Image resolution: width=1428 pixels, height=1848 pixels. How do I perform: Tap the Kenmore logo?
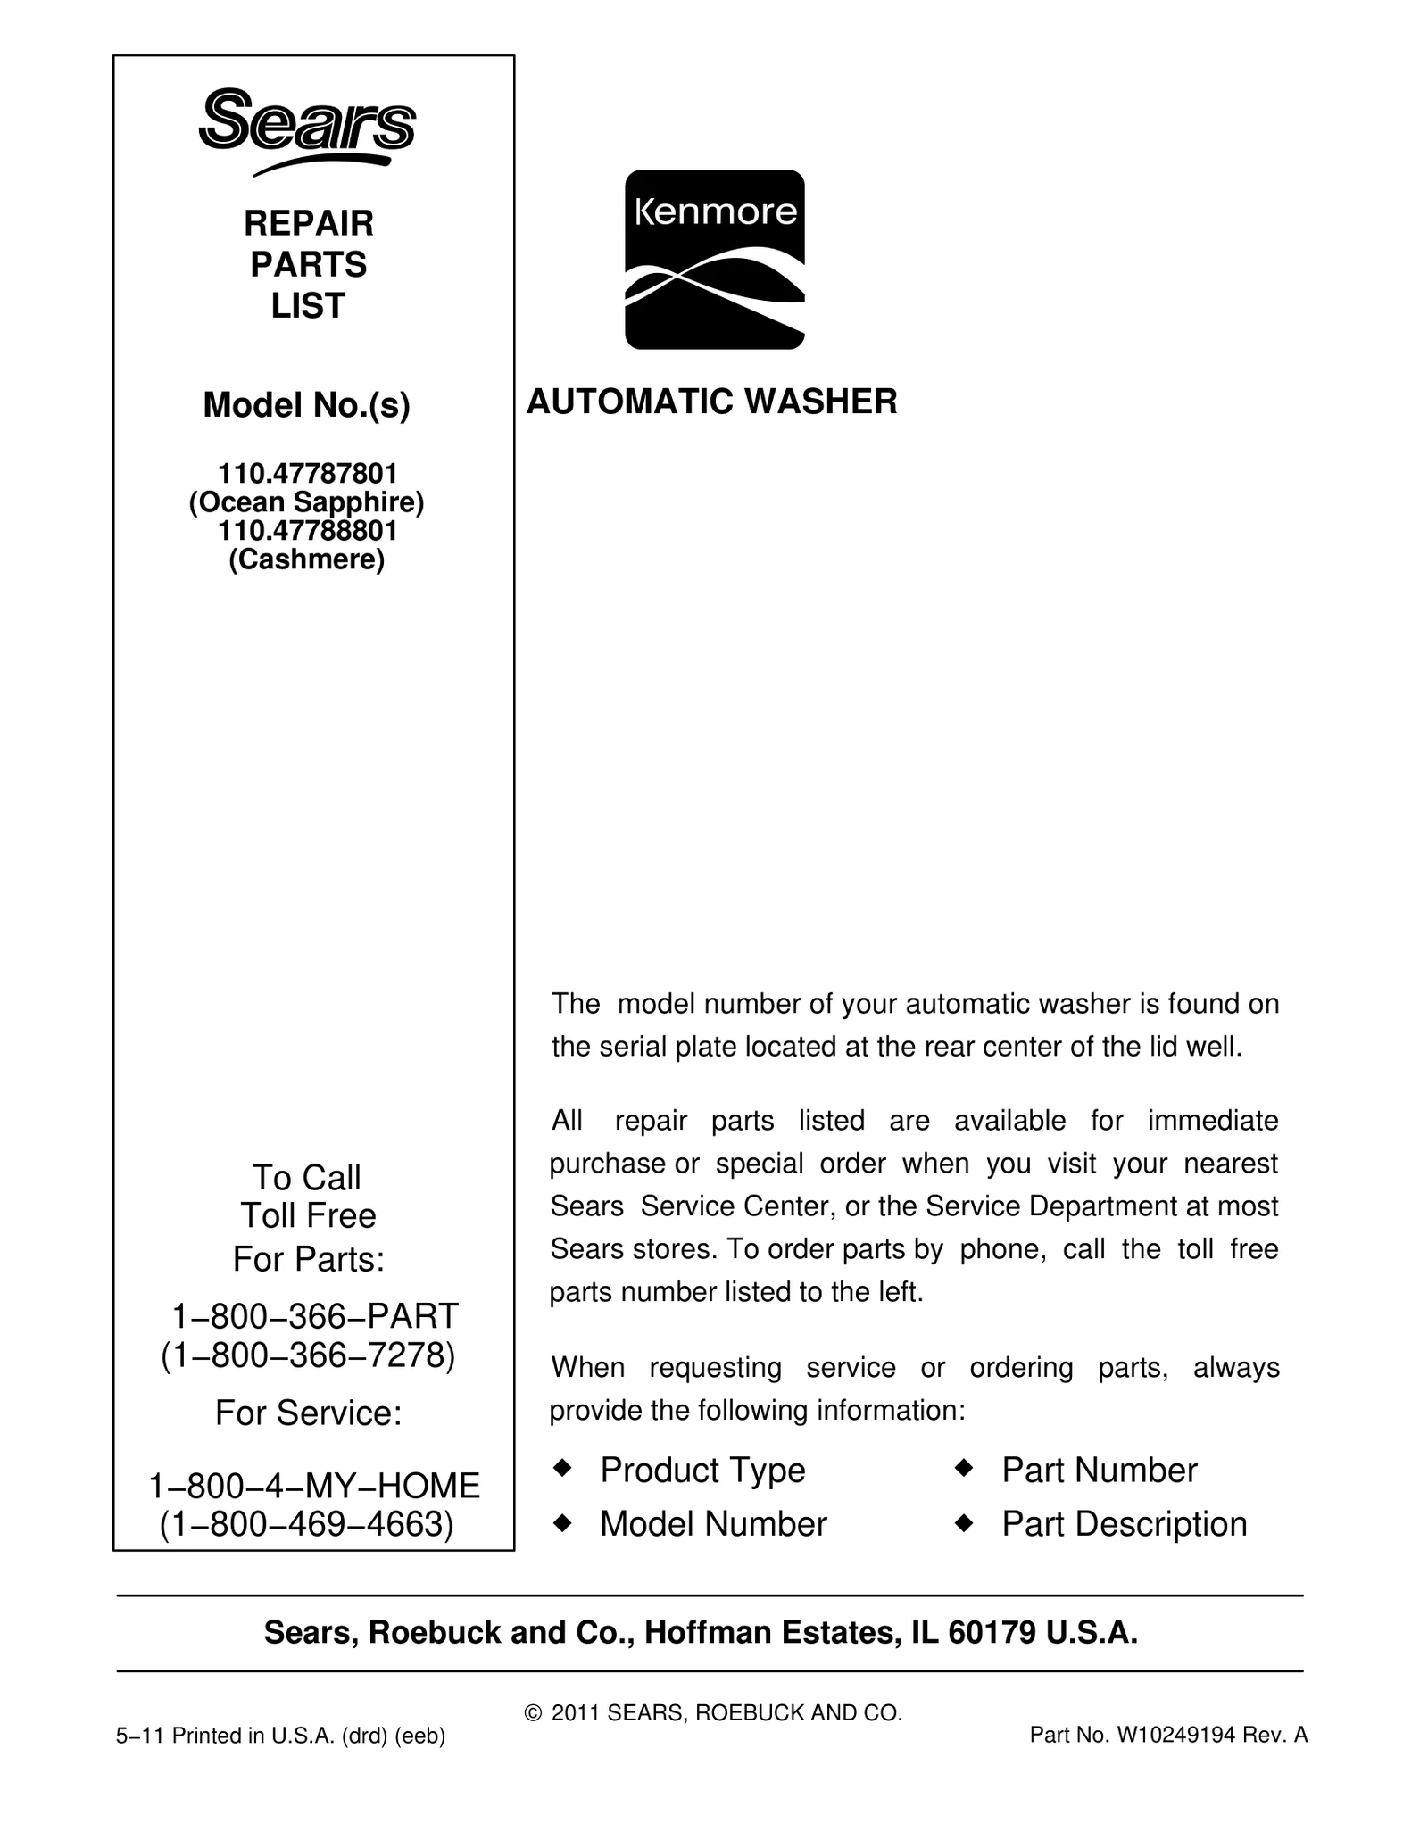point(714,259)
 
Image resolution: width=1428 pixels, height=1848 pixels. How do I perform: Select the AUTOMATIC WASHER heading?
point(711,402)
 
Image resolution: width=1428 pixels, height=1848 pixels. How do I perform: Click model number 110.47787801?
point(308,473)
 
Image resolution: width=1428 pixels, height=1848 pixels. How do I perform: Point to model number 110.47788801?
point(308,531)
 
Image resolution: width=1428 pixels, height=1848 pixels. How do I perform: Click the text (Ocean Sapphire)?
point(306,502)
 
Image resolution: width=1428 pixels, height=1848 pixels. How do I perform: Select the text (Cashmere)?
point(306,559)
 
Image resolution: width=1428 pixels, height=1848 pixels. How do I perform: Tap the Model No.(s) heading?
point(306,406)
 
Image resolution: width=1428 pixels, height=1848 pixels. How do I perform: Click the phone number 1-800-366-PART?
point(314,1316)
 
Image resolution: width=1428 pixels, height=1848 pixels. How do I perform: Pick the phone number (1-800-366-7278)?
point(308,1355)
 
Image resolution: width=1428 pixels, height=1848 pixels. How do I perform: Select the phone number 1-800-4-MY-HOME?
point(314,1486)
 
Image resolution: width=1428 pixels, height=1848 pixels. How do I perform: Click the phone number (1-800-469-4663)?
point(306,1524)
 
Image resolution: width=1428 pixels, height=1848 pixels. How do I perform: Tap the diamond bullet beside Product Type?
point(562,1467)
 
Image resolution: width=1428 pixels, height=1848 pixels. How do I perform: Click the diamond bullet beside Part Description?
point(964,1521)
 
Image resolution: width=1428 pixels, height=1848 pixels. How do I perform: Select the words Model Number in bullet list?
point(713,1524)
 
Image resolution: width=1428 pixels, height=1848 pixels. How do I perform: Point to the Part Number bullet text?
point(1099,1471)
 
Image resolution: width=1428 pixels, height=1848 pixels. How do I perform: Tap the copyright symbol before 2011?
point(533,1713)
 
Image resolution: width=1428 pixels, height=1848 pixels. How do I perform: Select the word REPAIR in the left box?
point(308,223)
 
